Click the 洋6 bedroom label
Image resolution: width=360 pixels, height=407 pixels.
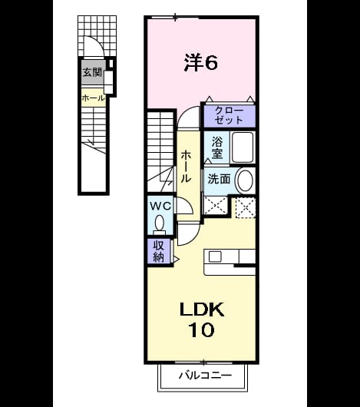[201, 62]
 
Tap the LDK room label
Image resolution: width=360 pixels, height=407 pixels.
[202, 309]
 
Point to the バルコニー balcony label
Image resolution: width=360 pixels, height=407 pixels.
[206, 376]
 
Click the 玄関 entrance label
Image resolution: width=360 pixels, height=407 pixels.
[93, 72]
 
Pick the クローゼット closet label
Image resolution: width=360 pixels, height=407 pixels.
[230, 115]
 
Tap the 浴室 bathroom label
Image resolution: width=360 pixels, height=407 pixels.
[217, 147]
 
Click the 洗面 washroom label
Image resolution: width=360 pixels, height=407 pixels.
[220, 179]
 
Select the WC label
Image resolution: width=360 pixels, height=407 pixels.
[160, 206]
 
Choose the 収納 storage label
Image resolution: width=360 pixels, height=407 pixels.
[158, 251]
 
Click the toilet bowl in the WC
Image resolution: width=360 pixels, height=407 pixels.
[159, 223]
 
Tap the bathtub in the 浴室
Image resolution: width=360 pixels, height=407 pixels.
[243, 147]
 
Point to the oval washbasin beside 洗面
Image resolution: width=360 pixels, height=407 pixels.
[245, 180]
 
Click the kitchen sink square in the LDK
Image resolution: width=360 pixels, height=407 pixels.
[215, 256]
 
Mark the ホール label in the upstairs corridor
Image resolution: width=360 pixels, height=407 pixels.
[186, 167]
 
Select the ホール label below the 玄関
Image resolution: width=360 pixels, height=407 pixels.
[94, 98]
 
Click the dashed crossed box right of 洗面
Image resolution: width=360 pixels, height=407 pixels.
[246, 207]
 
